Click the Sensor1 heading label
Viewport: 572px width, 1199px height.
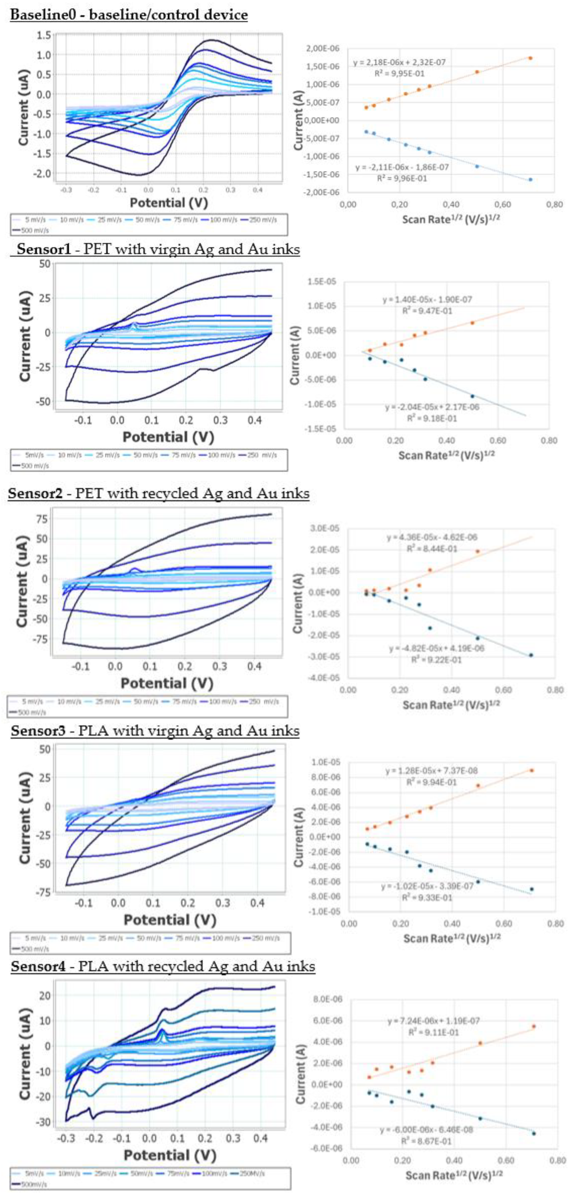pyautogui.click(x=44, y=249)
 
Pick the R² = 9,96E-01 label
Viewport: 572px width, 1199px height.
pyautogui.click(x=402, y=178)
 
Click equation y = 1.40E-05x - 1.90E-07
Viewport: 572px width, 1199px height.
pyautogui.click(x=427, y=300)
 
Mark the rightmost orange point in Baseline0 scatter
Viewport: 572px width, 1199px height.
pyautogui.click(x=530, y=58)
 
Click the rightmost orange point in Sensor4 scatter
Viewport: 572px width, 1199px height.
pyautogui.click(x=534, y=1026)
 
